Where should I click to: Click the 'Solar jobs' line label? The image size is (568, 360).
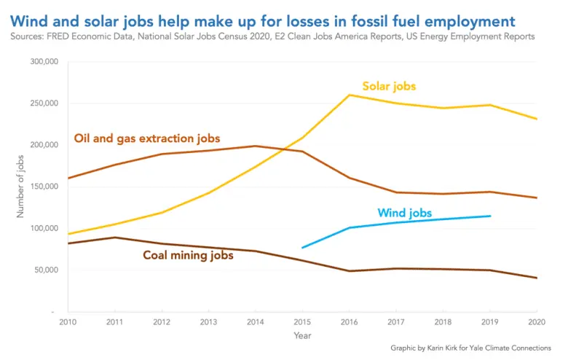[x=389, y=86]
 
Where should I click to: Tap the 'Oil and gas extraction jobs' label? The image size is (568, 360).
[x=147, y=138]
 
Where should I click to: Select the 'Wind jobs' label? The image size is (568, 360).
[x=404, y=214]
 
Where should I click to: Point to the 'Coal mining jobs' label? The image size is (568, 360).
[x=188, y=255]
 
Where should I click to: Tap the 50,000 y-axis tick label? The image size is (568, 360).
[x=45, y=270]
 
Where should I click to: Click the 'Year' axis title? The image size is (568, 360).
[x=302, y=337]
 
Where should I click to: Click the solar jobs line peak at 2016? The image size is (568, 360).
[x=350, y=95]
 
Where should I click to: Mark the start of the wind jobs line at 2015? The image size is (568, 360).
[x=302, y=248]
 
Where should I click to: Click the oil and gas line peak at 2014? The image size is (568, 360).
[x=256, y=146]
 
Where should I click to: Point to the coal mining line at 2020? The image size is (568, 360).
[x=537, y=278]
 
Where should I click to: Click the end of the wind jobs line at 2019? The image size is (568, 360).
[x=490, y=216]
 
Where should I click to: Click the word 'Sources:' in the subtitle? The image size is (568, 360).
[x=30, y=36]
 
